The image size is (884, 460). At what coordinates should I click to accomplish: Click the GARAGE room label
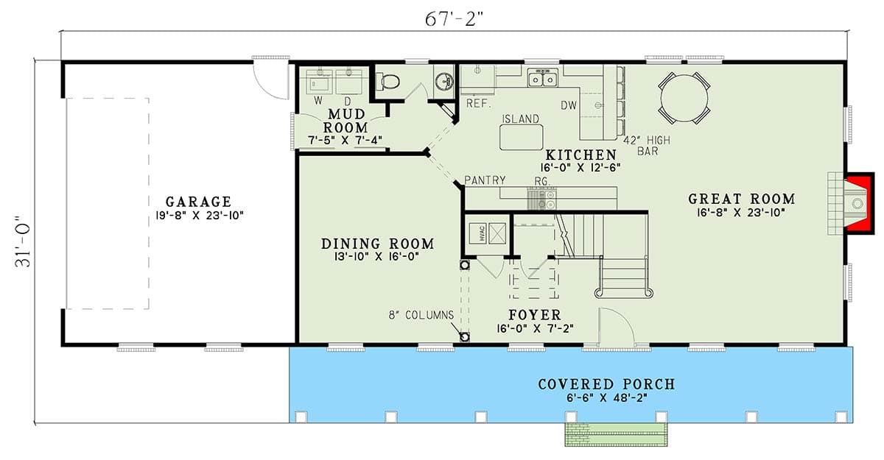[x=197, y=201]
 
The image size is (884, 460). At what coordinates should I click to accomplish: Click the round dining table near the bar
[x=684, y=99]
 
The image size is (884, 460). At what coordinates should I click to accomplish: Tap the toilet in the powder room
[x=390, y=82]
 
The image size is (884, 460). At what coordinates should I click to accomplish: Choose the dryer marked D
[x=348, y=82]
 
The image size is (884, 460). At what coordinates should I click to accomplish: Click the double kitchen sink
[x=544, y=77]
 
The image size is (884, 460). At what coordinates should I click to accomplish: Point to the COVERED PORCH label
[x=606, y=384]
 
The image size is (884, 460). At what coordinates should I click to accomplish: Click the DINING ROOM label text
[x=377, y=244]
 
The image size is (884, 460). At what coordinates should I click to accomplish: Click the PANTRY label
[x=484, y=180]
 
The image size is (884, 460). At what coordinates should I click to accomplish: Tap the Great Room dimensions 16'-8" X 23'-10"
[x=741, y=213]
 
